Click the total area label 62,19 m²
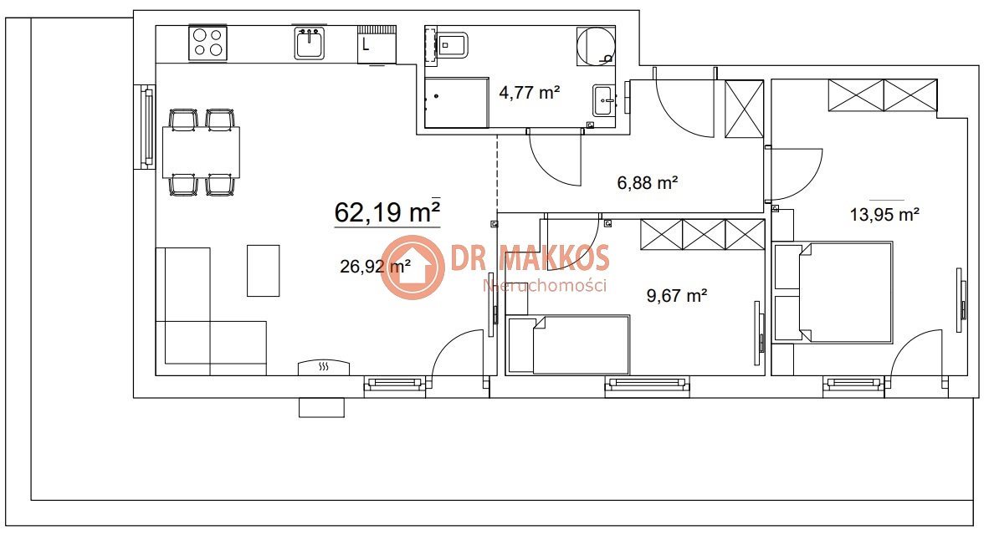point(387,211)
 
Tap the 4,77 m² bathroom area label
point(530,94)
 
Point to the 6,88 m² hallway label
point(647,183)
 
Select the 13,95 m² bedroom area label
point(884,215)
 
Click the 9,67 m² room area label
point(677,296)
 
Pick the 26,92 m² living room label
point(376,267)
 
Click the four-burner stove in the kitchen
point(208,43)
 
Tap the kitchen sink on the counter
point(309,43)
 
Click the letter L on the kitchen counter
point(366,45)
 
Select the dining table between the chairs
point(201,152)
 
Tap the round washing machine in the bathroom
point(596,46)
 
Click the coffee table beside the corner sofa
point(263,270)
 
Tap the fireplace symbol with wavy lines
point(324,367)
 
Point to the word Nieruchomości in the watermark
point(545,285)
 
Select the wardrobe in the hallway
point(745,109)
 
